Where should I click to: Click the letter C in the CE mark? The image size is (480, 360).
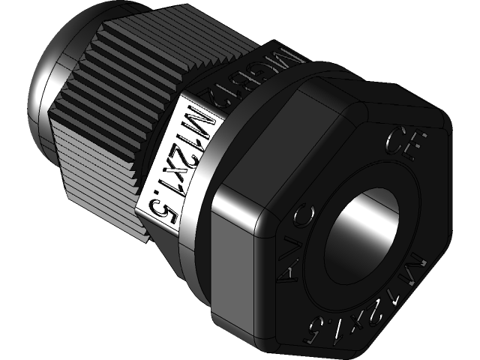pos(393,137)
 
